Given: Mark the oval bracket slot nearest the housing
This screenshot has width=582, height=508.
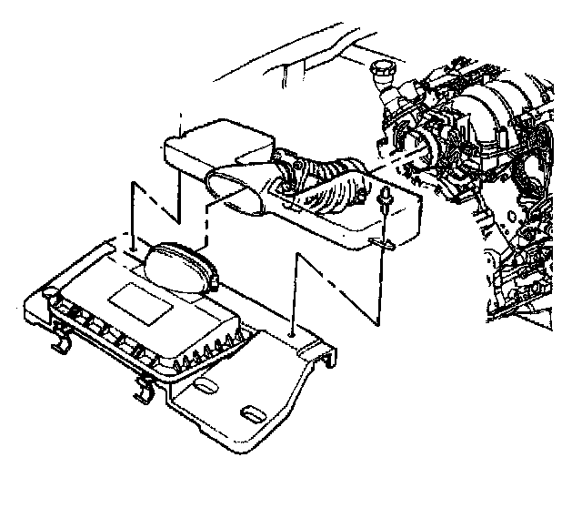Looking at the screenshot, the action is [205, 389].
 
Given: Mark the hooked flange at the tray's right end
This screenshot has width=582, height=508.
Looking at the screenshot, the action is [325, 360].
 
